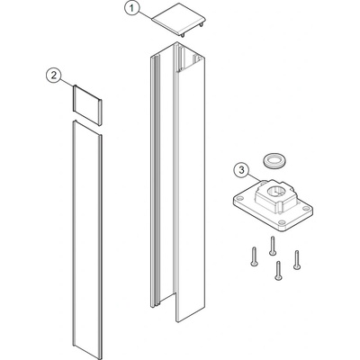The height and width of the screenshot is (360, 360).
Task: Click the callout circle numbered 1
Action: (132, 9)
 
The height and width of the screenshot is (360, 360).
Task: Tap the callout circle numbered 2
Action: (54, 76)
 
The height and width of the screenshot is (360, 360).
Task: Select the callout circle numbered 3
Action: (241, 170)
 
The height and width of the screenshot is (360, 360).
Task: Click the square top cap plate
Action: (179, 21)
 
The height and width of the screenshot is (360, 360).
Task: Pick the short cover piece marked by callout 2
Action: (88, 105)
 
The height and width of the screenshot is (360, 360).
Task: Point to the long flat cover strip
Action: (87, 239)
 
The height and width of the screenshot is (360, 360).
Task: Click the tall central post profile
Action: (178, 182)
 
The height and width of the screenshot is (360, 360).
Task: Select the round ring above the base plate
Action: (274, 159)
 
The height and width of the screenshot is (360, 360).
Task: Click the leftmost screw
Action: (254, 256)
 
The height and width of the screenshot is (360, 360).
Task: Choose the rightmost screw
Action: (297, 260)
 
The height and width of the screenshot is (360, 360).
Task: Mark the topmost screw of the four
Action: (273, 246)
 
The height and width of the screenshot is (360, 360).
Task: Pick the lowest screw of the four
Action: (278, 271)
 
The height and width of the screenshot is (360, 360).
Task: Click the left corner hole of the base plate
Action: (240, 199)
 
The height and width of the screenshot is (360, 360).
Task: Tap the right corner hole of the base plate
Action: (306, 208)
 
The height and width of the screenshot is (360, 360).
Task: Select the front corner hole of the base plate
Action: (282, 223)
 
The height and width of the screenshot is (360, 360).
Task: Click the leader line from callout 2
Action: (67, 82)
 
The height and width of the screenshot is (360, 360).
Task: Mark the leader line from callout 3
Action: (255, 177)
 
